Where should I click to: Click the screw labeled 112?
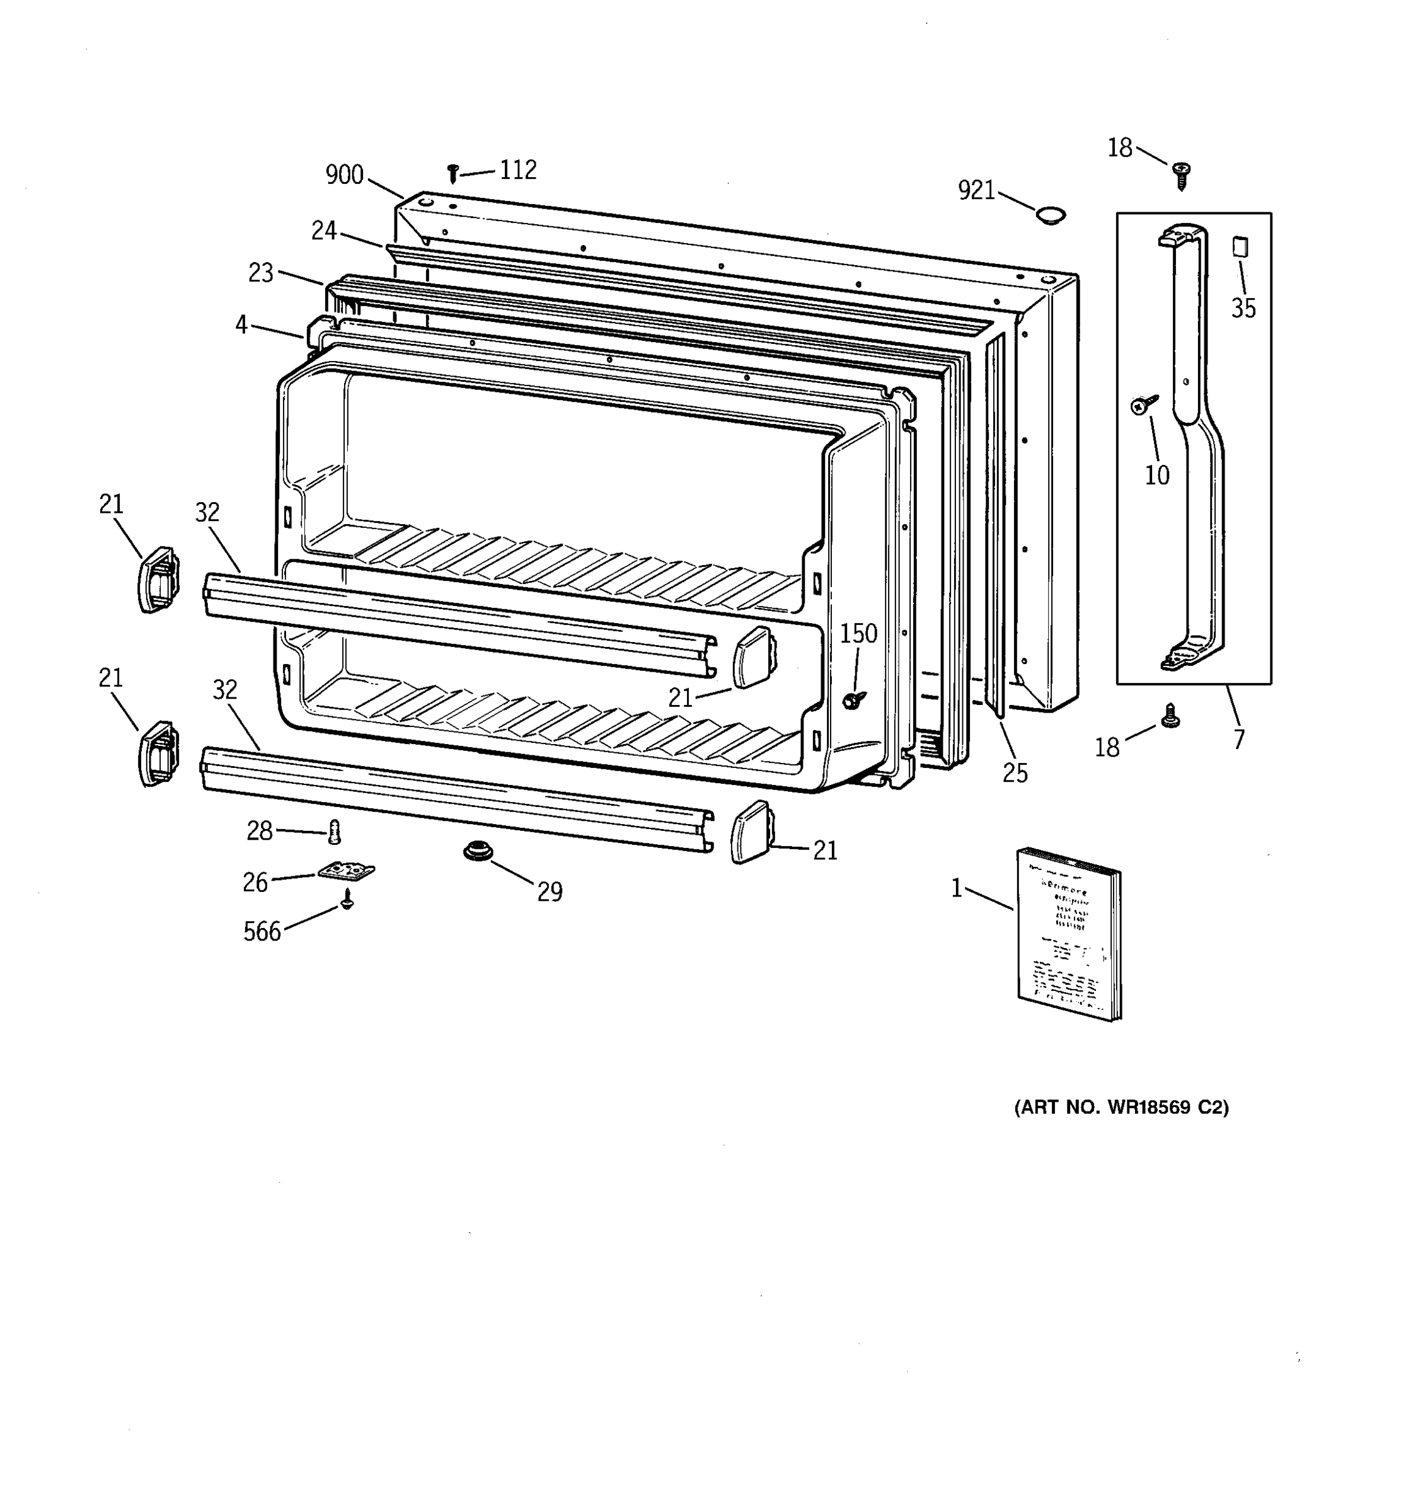click(452, 174)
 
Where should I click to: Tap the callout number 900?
click(345, 176)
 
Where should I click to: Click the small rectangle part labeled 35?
click(1240, 247)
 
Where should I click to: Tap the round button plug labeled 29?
click(478, 851)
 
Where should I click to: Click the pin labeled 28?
click(334, 832)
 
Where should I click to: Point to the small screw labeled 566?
click(348, 900)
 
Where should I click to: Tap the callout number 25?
click(1015, 774)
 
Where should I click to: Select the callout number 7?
click(1238, 739)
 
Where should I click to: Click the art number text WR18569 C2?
click(1121, 1108)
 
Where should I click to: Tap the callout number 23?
click(261, 273)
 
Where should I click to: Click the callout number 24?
click(324, 231)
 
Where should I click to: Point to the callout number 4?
click(241, 326)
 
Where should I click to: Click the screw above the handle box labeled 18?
click(1182, 176)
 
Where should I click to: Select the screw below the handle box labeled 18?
click(1172, 716)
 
